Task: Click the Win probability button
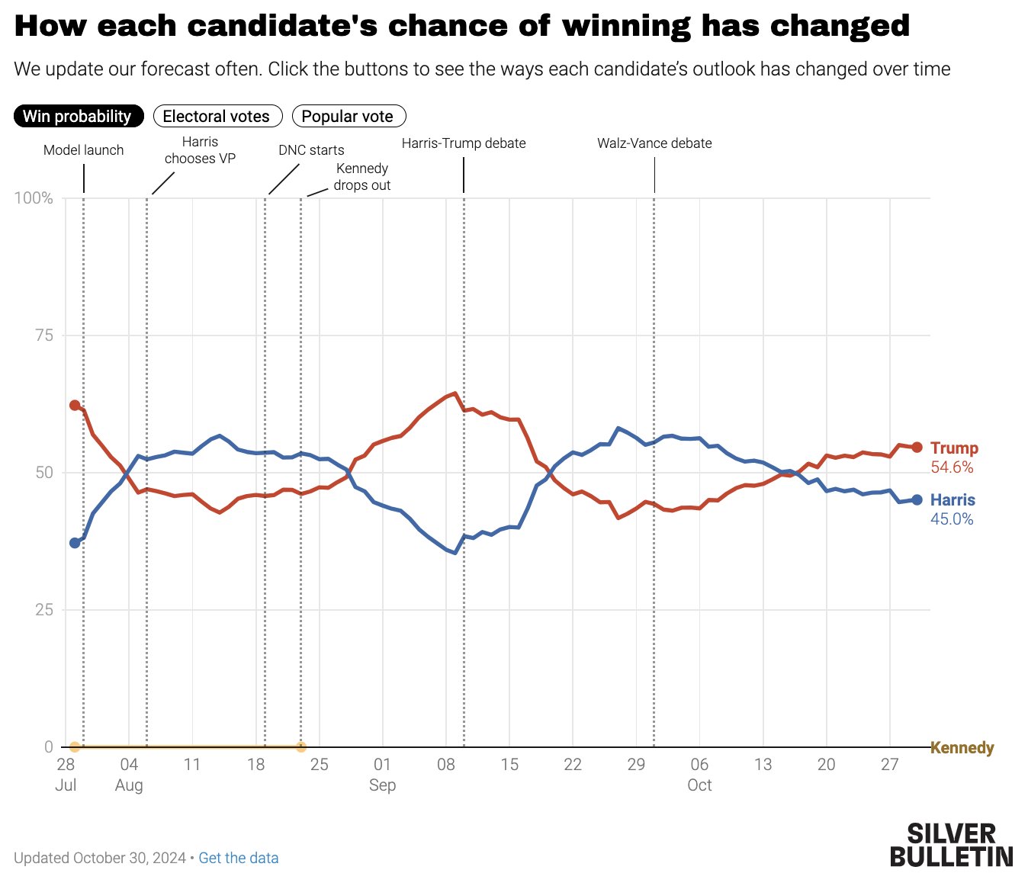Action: click(78, 116)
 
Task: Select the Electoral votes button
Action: click(217, 116)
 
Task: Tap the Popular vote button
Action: click(349, 116)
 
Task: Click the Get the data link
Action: click(238, 858)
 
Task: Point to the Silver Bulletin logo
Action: click(951, 844)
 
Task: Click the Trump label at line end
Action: click(954, 448)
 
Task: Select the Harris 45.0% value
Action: click(952, 519)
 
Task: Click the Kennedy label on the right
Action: click(962, 747)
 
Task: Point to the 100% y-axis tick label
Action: click(34, 198)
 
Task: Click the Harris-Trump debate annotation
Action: click(464, 143)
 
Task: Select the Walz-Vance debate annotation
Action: click(654, 143)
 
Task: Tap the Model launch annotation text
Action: click(83, 150)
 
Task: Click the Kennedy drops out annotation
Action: click(362, 177)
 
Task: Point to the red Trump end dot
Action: click(917, 448)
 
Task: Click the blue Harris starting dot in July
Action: click(75, 543)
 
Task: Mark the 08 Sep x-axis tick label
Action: click(446, 765)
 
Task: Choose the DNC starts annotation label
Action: click(311, 150)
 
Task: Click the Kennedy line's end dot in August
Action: click(301, 747)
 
